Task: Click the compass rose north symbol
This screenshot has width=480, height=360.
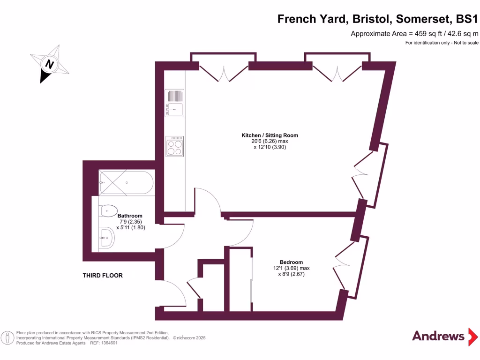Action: [x=49, y=64]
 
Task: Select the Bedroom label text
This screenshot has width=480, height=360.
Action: [x=291, y=262]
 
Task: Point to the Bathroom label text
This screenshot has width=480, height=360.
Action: [x=130, y=216]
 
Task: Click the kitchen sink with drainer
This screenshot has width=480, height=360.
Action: [x=174, y=103]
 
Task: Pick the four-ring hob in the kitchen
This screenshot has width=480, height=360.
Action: [x=174, y=146]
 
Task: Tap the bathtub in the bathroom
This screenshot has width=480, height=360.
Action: [x=125, y=183]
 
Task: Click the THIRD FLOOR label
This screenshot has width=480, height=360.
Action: [x=103, y=276]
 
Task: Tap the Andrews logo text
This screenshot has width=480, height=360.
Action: [x=438, y=336]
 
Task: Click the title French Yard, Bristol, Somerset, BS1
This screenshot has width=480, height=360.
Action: [x=378, y=19]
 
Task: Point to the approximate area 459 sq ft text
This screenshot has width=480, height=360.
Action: [x=414, y=34]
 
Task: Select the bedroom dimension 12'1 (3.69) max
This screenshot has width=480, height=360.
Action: [x=291, y=269]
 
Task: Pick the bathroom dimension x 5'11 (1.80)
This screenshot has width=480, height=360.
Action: [x=130, y=228]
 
